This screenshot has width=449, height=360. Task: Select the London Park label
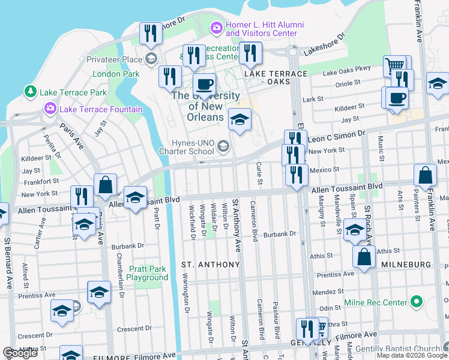tap(116, 74)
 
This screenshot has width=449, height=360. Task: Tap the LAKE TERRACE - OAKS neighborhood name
tap(275, 73)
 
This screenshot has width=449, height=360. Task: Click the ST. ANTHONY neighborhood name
tap(210, 264)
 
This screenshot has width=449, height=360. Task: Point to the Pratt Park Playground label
tap(147, 273)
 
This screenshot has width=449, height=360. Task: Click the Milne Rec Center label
tap(375, 302)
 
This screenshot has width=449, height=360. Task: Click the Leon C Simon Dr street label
tap(336, 137)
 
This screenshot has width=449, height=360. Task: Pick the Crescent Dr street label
tap(133, 329)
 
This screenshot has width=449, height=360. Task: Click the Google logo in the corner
tap(20, 353)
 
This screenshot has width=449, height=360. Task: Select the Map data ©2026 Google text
tap(412, 355)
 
